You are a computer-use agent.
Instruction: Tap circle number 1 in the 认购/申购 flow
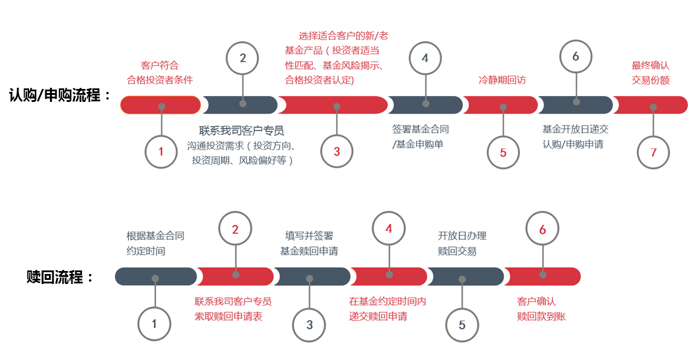point(161,152)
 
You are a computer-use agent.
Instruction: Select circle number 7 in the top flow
point(653,152)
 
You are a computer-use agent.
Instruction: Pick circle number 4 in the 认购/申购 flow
point(425,58)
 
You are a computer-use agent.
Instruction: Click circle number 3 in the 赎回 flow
point(309,325)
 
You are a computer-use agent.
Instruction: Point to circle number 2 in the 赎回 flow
point(235,229)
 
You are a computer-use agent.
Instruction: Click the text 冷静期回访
point(502,80)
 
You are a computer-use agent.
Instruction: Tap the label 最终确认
point(651,65)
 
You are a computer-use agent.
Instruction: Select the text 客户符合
point(160,65)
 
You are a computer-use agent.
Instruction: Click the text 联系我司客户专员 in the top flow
point(242,130)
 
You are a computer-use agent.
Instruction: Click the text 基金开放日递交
point(575,129)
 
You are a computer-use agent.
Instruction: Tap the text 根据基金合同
point(156,236)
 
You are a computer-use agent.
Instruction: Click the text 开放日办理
point(462,236)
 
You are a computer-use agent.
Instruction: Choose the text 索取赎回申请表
point(229,316)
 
